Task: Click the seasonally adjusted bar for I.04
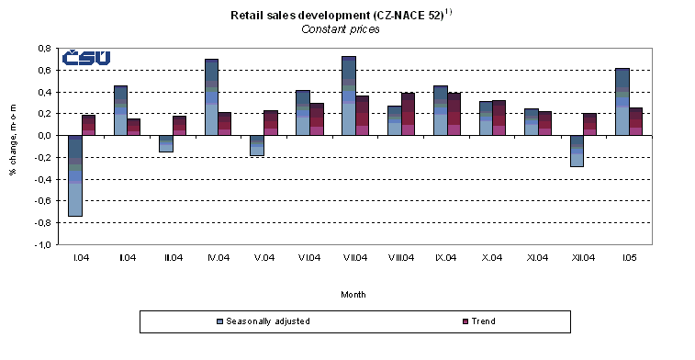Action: pyautogui.click(x=75, y=175)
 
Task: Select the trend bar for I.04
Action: pyautogui.click(x=88, y=125)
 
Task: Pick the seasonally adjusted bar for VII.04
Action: pyautogui.click(x=348, y=96)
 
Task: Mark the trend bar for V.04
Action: pyautogui.click(x=270, y=123)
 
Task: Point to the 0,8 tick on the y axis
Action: pyautogui.click(x=44, y=48)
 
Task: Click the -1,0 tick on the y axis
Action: pyautogui.click(x=43, y=245)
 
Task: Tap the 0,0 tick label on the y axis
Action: pyautogui.click(x=44, y=136)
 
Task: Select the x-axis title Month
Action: pyautogui.click(x=354, y=295)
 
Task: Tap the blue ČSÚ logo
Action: pyautogui.click(x=85, y=58)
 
